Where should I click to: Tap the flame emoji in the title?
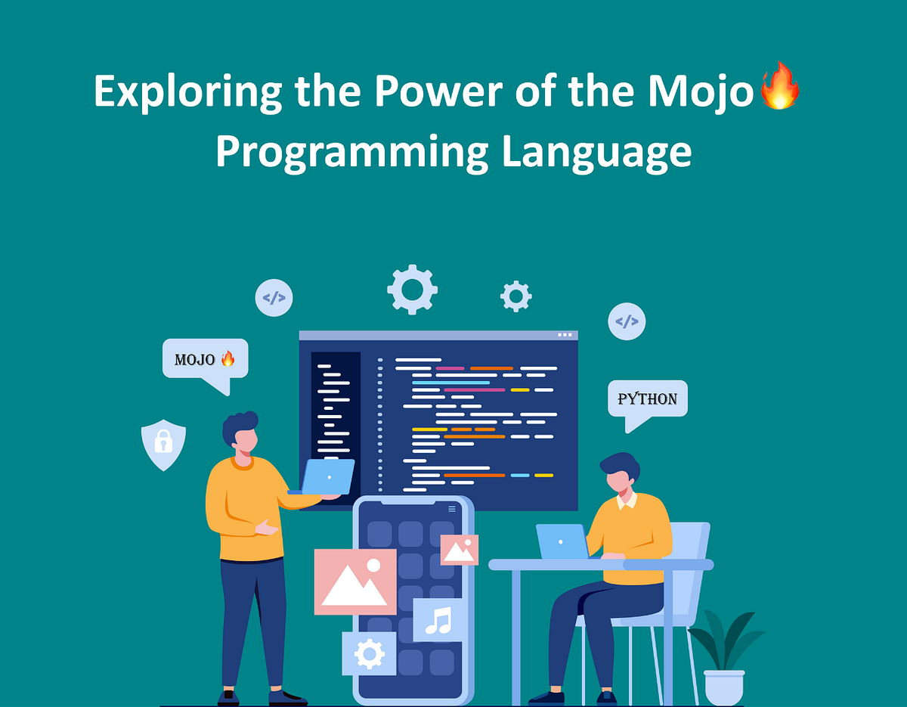[780, 86]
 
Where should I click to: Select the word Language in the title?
[596, 151]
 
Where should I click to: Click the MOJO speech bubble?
[205, 359]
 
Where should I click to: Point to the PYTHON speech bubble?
[648, 398]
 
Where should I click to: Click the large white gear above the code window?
[412, 289]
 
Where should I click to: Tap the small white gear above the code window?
[516, 296]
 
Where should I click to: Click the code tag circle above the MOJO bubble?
[274, 298]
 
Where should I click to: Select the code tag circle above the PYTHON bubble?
[627, 322]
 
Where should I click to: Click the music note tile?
[438, 620]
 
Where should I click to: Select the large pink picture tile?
[355, 581]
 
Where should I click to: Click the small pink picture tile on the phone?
[459, 550]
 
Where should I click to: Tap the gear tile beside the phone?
[369, 653]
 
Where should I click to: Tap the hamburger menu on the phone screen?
[452, 509]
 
